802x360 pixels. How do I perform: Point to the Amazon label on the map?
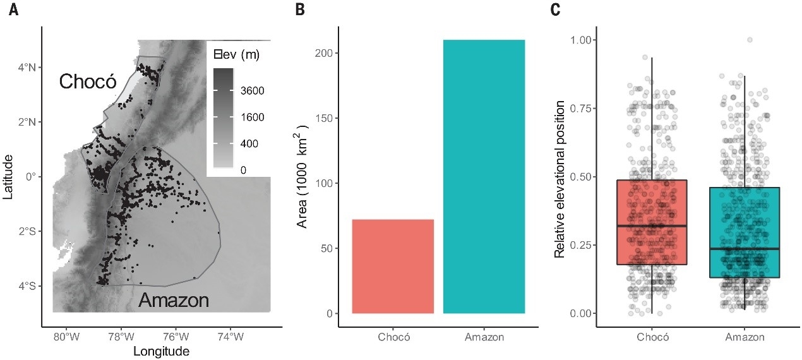click(x=174, y=301)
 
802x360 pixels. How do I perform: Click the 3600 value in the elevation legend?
click(x=251, y=91)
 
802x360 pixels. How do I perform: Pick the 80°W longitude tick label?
click(x=65, y=337)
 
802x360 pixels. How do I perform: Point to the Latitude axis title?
click(x=8, y=177)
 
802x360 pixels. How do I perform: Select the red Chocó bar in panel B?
click(x=393, y=266)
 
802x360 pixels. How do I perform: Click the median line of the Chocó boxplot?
click(x=652, y=225)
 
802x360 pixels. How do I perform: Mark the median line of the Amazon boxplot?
click(x=744, y=249)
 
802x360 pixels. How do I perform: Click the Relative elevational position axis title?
click(x=560, y=177)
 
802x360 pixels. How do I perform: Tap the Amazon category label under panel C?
click(x=744, y=337)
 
